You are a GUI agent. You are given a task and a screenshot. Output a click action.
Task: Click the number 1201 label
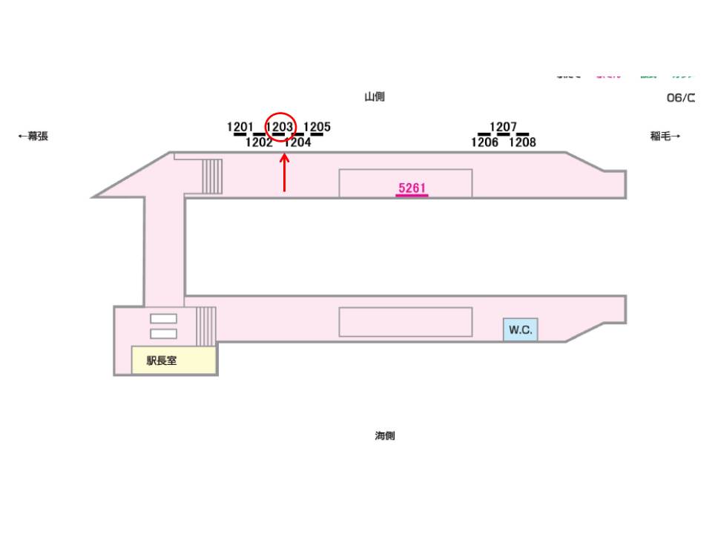click(240, 127)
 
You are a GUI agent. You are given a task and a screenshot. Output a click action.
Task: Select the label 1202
click(259, 142)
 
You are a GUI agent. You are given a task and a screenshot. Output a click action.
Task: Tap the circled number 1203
click(280, 127)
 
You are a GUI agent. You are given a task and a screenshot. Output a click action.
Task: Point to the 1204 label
click(297, 142)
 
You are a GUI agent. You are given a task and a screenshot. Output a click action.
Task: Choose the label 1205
click(317, 127)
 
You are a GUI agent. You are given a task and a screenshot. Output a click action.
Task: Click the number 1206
click(484, 142)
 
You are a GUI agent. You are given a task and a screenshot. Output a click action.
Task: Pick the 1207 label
click(503, 127)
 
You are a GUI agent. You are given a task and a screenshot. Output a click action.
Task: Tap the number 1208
click(522, 142)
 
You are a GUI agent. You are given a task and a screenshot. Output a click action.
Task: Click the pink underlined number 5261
click(412, 188)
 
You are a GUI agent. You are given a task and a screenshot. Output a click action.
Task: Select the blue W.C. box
click(521, 330)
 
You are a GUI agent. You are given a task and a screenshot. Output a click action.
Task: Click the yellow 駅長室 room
click(174, 360)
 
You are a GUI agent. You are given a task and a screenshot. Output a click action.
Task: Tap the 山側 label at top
click(375, 96)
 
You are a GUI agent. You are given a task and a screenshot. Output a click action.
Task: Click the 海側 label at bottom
click(384, 436)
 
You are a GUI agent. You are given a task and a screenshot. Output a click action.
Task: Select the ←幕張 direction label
click(33, 136)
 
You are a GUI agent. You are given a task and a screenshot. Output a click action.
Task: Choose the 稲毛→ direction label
click(665, 136)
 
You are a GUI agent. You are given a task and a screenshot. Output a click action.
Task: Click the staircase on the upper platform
click(212, 176)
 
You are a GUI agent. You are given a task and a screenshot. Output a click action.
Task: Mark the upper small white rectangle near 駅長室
click(163, 318)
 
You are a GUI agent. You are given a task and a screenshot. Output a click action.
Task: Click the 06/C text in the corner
click(680, 98)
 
